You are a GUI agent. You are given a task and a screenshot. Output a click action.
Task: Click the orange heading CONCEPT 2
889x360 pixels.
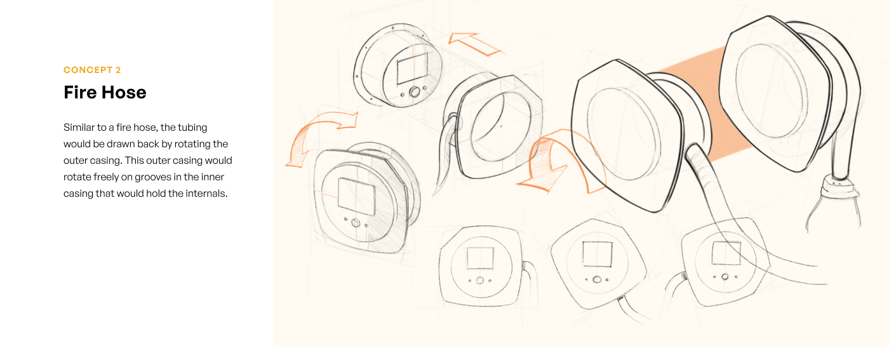point(92,70)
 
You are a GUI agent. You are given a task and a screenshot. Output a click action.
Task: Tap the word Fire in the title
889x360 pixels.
point(80,92)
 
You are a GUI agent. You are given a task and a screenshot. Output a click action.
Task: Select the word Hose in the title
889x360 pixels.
point(124,92)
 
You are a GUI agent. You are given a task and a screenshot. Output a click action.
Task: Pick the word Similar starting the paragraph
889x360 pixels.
point(79,128)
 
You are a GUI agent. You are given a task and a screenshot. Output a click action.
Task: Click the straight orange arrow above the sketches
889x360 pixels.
point(474,44)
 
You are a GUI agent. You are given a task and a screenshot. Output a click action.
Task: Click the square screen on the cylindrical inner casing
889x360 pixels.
point(412,69)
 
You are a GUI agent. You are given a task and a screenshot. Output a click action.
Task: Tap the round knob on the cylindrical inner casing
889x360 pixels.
point(415,92)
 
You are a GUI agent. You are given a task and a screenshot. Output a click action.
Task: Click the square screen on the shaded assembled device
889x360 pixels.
point(356,196)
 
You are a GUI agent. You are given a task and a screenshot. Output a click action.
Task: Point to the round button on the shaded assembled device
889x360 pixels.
point(356,223)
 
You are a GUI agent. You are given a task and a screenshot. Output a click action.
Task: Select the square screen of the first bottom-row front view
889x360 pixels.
point(480,258)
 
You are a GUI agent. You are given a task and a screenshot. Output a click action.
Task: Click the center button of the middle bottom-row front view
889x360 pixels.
point(597,280)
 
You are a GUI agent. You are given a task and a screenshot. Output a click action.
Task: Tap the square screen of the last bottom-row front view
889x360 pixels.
point(726,253)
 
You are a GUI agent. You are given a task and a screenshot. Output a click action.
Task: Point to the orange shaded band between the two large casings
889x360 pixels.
point(711,103)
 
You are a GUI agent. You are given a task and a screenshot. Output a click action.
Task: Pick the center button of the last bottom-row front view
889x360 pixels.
point(725,277)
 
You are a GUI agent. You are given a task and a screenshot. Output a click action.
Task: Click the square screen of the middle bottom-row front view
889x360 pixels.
point(598,255)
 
